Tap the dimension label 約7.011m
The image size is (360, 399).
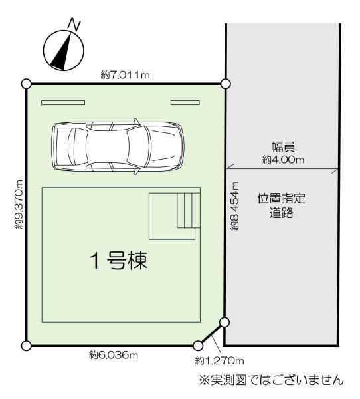point(126,74)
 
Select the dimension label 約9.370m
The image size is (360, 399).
point(18,204)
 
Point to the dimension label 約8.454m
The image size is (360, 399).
point(234,207)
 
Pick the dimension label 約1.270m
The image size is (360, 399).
point(220,361)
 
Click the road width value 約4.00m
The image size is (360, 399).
point(283,160)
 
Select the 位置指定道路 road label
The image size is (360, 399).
point(283,206)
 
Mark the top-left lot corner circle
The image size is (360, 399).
point(26,84)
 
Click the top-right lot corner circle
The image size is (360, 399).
point(225,84)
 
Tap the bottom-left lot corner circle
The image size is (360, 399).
point(26,346)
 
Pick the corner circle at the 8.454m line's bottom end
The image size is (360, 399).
point(225,323)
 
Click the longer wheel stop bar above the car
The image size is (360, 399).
point(63,102)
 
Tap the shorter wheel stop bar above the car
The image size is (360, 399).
point(185,102)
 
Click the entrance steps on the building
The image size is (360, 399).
point(188,210)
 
